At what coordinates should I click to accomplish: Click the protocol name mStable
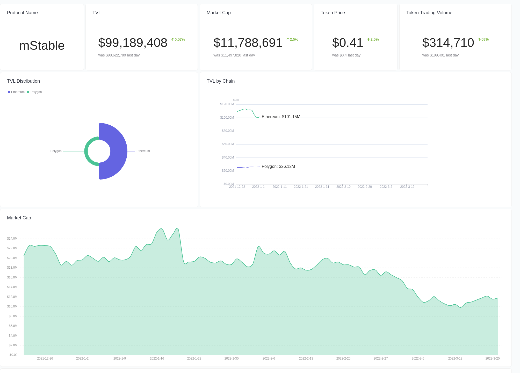pos(42,46)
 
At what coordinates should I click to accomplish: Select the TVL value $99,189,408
pos(133,43)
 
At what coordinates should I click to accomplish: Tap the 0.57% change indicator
pos(178,39)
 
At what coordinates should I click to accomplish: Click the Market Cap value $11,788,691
pos(248,43)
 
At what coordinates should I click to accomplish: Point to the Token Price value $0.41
pos(348,43)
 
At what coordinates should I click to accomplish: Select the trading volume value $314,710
pos(448,43)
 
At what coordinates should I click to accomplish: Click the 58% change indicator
pos(483,39)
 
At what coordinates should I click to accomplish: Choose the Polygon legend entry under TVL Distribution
pos(34,92)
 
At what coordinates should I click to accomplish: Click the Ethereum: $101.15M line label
pos(281,117)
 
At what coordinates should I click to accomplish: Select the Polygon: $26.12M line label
pos(278,167)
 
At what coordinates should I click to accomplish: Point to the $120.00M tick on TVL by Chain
pos(227,104)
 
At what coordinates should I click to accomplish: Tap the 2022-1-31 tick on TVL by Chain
pos(322,187)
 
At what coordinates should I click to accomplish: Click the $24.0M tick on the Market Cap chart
pos(12,239)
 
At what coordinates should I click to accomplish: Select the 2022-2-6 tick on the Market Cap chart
pos(269,358)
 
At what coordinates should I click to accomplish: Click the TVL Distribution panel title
pos(23,81)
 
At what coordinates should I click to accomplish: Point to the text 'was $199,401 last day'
pos(440,55)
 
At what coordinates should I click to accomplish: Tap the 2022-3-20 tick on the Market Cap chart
pos(492,358)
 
